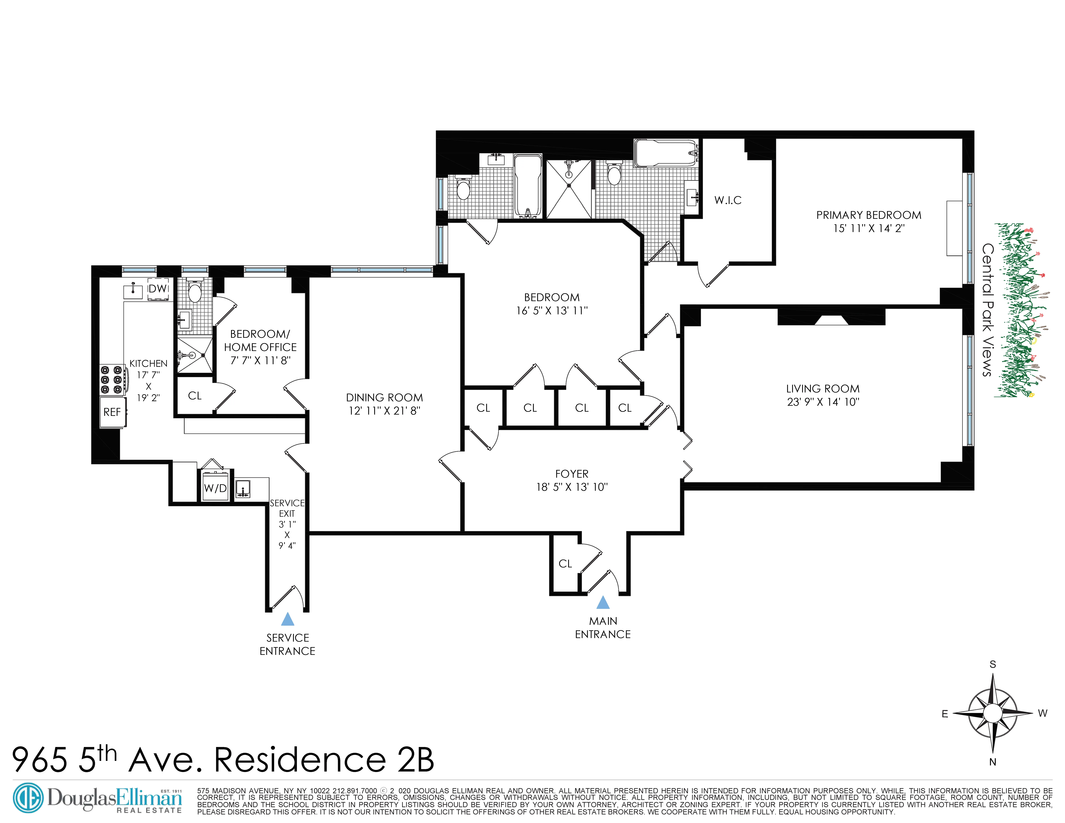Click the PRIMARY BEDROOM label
pos(868,215)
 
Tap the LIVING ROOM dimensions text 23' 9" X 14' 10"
pos(823,402)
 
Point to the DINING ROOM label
pos(384,397)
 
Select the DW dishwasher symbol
pos(158,289)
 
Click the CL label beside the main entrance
pos(565,564)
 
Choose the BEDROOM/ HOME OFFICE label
pos(260,340)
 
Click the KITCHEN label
pos(148,363)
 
